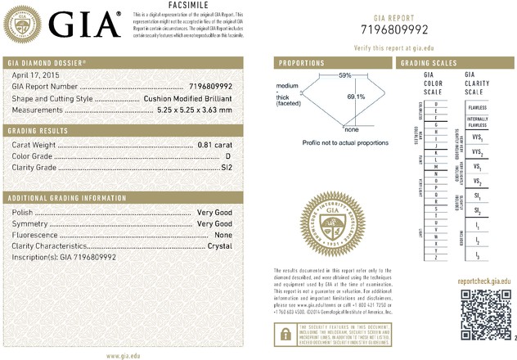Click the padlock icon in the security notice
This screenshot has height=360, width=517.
(283, 331)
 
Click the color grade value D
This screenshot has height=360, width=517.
(235, 155)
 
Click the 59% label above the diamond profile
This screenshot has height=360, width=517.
(345, 75)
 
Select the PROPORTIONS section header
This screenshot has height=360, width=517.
(303, 63)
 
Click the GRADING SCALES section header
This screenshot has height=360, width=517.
(429, 63)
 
